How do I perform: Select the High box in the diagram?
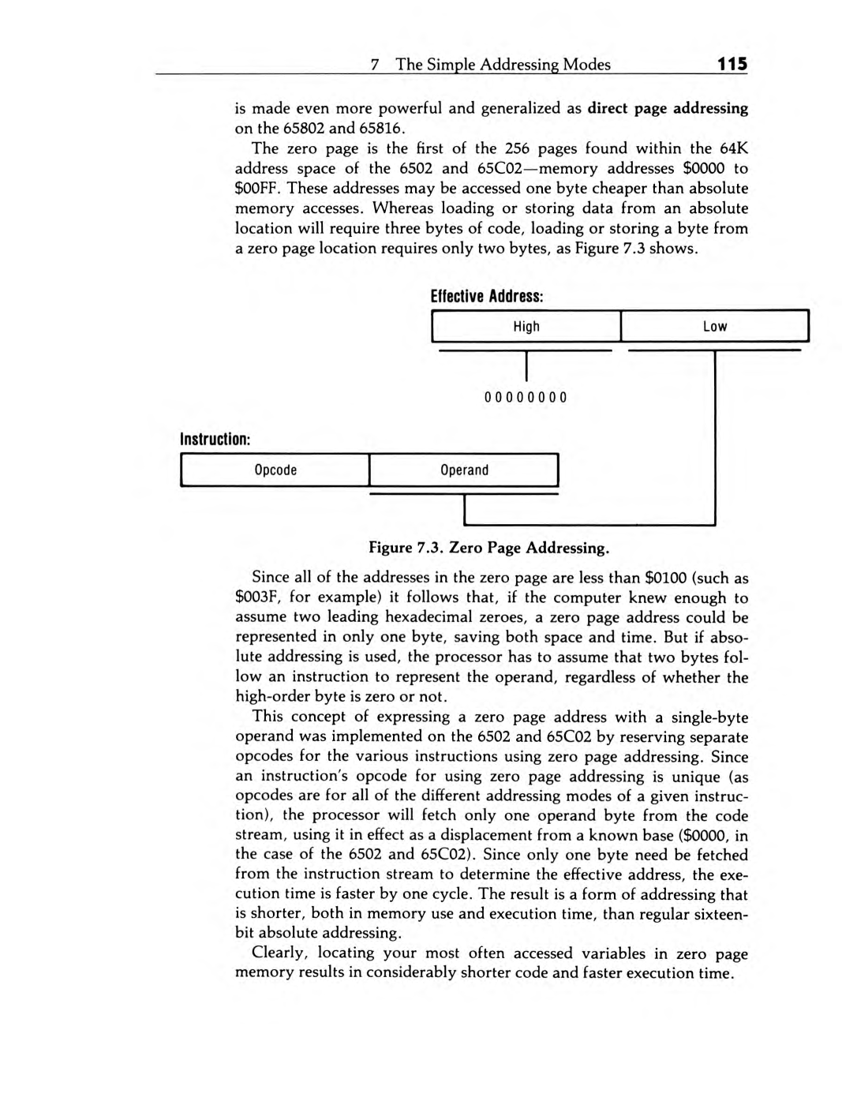tap(526, 327)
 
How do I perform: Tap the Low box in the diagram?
tap(715, 327)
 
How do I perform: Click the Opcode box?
tap(275, 470)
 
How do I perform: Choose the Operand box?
tap(464, 470)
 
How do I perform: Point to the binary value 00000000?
tap(526, 397)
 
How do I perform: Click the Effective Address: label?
tap(487, 297)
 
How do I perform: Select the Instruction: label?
tap(215, 440)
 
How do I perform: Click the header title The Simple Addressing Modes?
tap(503, 65)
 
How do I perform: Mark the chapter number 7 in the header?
tap(376, 65)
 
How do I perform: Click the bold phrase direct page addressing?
tap(668, 108)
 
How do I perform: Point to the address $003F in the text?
tap(256, 598)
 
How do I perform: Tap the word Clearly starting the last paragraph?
tap(279, 953)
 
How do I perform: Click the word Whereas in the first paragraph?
tap(402, 208)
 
